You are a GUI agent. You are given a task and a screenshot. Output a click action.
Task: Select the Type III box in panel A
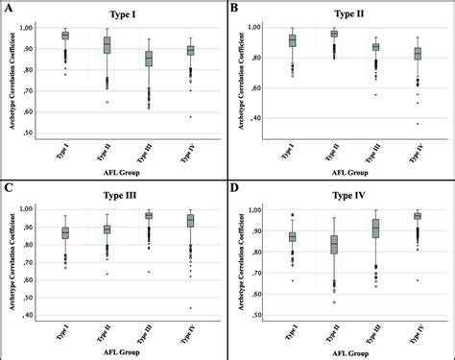[x=148, y=59]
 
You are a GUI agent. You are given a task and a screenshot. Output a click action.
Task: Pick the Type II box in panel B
[x=333, y=34]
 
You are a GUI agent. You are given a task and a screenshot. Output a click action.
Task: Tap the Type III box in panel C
[x=148, y=216]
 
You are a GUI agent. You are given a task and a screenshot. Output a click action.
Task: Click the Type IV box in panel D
[x=418, y=216]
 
